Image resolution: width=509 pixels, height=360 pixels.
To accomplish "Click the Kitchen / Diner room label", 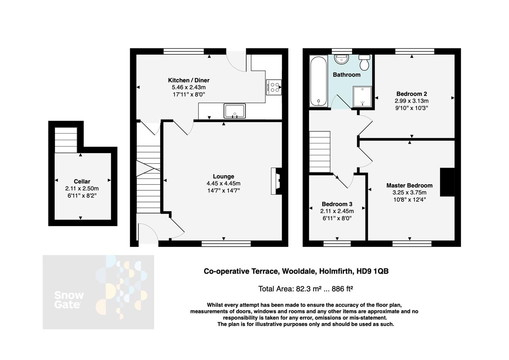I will click(188, 80).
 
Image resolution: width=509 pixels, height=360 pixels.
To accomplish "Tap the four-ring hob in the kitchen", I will click(274, 87).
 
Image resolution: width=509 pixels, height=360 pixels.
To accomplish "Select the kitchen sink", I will click(235, 111).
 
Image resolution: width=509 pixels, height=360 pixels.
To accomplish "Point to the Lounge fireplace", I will click(276, 181).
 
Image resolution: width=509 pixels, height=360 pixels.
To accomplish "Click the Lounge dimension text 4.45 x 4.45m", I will click(223, 183).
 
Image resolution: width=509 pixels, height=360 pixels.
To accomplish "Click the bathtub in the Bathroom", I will click(318, 81).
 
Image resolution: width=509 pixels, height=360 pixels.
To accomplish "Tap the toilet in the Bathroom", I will click(364, 62).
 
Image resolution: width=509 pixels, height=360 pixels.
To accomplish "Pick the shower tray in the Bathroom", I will click(362, 96).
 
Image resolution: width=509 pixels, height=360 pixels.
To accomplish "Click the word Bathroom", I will click(347, 75).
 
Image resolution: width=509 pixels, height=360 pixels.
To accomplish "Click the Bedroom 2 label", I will click(412, 94).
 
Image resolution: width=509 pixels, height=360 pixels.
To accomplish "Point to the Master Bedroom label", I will click(409, 185).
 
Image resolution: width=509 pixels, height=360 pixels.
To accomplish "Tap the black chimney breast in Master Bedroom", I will click(447, 182).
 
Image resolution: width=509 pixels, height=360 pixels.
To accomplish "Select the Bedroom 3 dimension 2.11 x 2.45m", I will click(337, 211).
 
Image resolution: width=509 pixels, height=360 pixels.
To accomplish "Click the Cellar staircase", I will click(66, 140).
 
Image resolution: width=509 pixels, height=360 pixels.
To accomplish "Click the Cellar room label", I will click(82, 181).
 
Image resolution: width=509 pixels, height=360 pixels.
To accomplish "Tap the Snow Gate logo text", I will click(69, 300).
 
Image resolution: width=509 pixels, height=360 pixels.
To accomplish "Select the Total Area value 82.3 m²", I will click(309, 289).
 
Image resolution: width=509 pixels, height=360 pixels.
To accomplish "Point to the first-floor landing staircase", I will click(320, 152).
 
